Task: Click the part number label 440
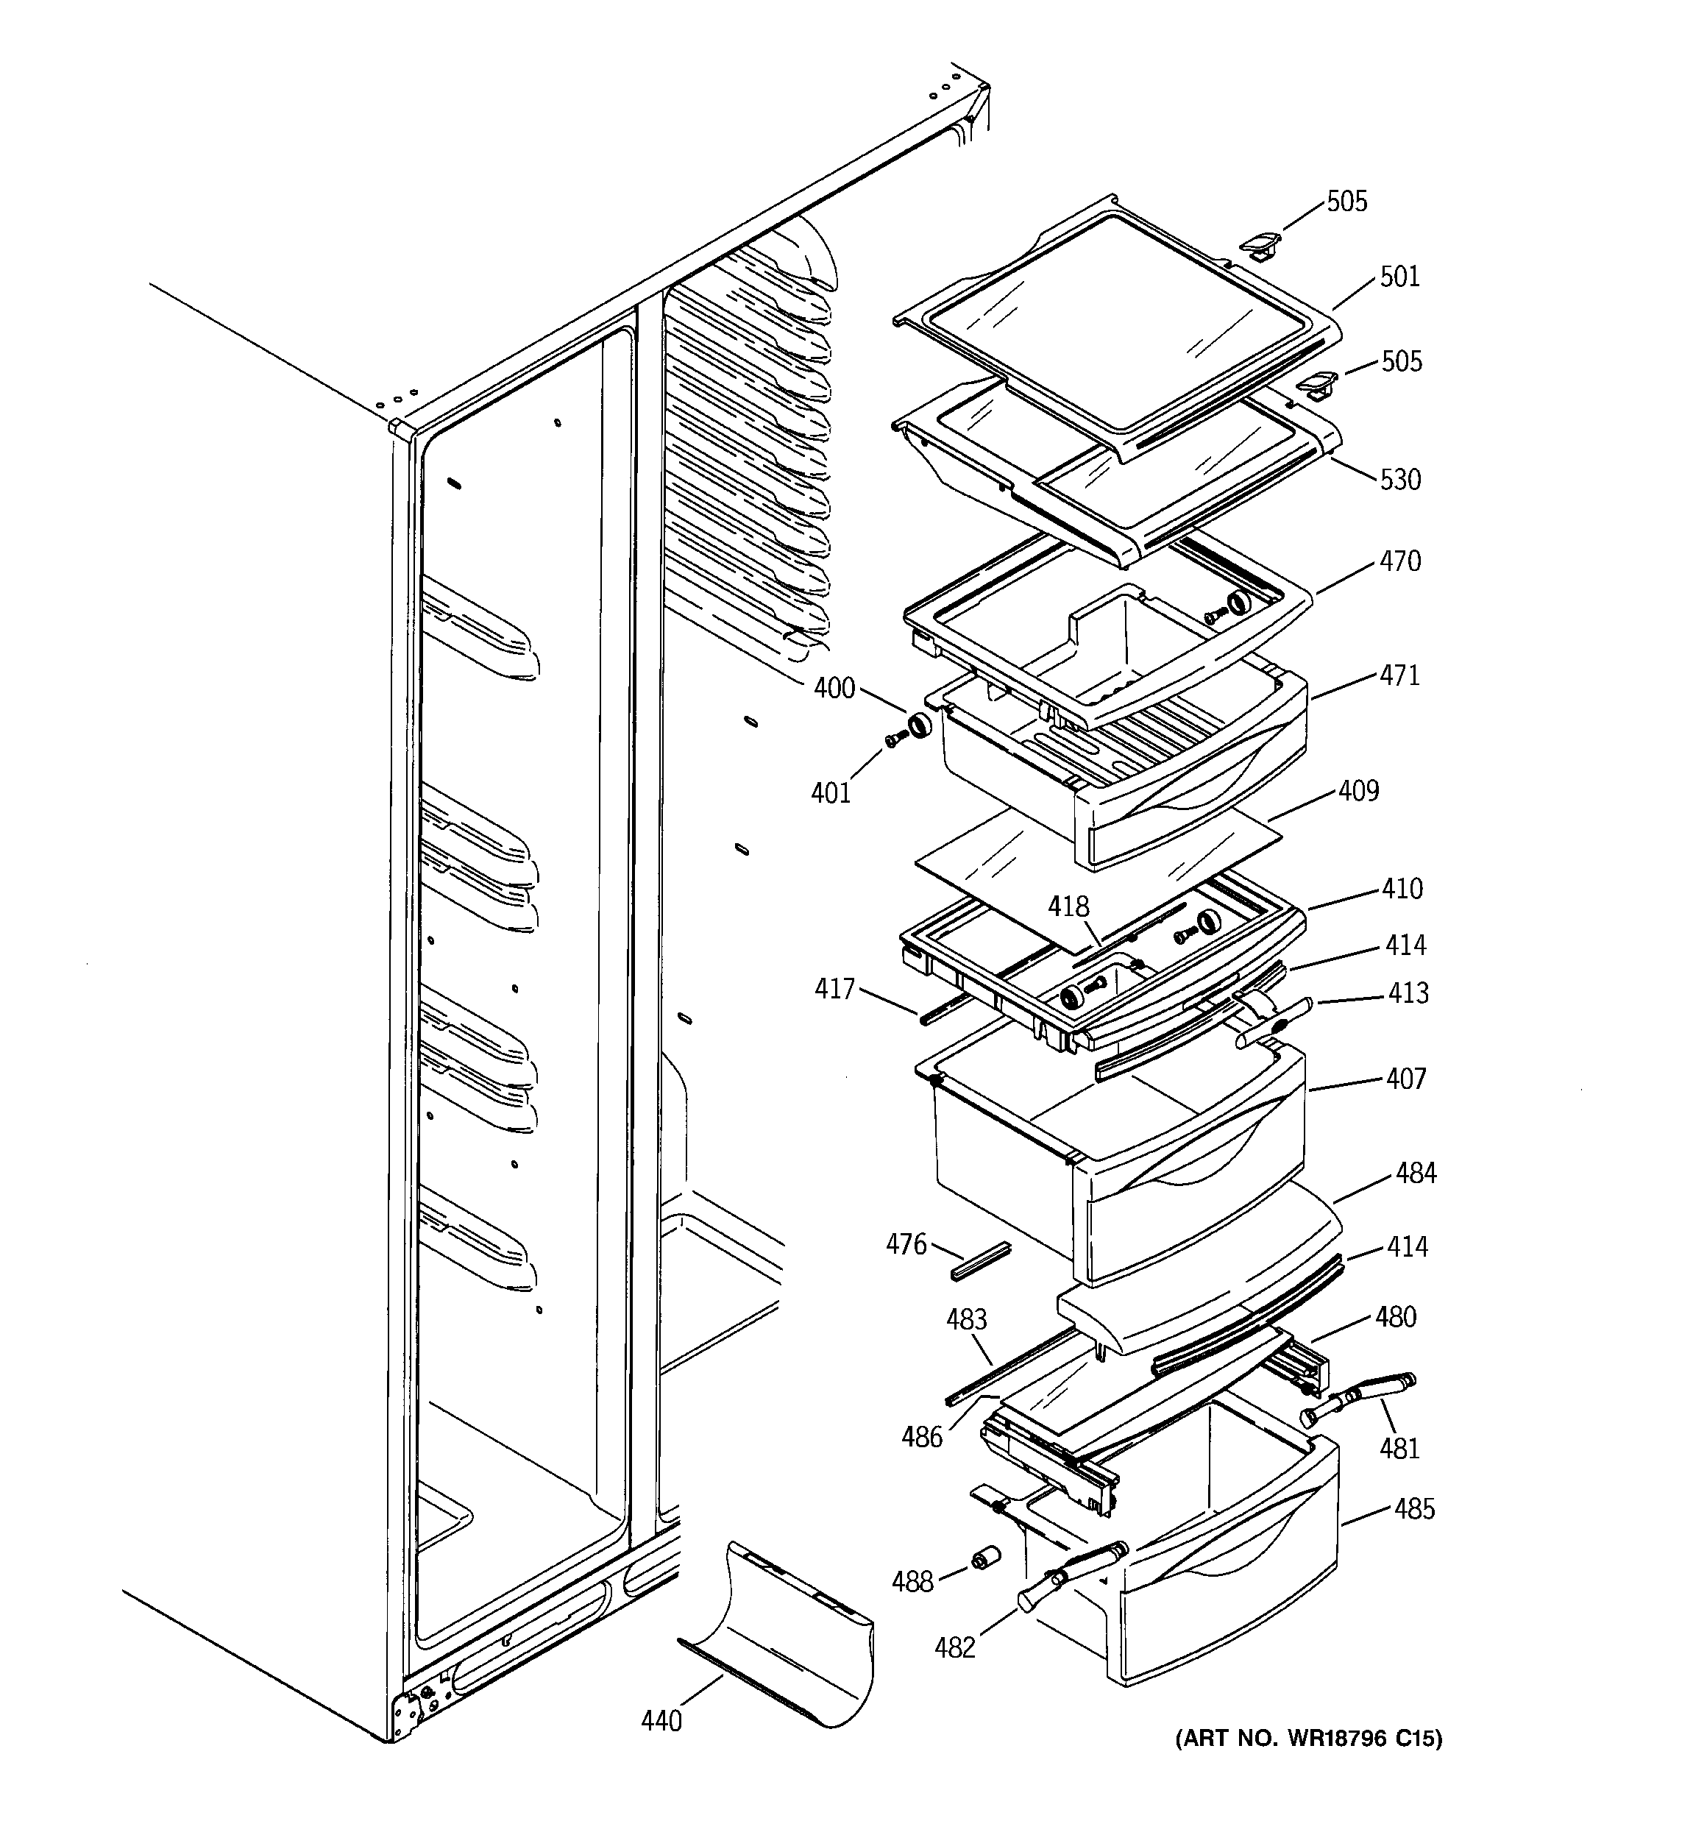click(x=661, y=1721)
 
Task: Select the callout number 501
click(x=1399, y=277)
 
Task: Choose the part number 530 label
click(x=1400, y=479)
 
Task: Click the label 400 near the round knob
click(x=834, y=688)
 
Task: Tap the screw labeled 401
click(x=893, y=741)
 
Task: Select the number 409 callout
click(x=1358, y=790)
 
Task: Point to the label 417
click(x=834, y=988)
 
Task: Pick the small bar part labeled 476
click(x=979, y=1261)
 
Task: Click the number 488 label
click(x=912, y=1582)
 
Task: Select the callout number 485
click(x=1414, y=1508)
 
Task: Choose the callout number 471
click(x=1399, y=675)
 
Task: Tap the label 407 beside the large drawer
click(x=1405, y=1079)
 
